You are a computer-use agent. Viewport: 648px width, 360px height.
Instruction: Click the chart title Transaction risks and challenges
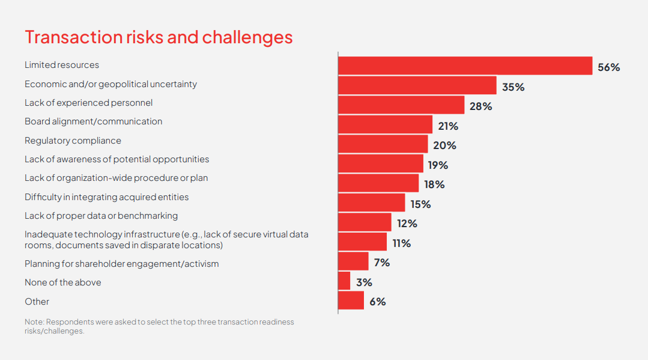coord(159,37)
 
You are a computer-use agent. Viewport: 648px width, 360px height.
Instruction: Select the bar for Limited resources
coord(465,66)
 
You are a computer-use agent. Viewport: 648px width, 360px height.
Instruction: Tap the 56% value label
coord(608,67)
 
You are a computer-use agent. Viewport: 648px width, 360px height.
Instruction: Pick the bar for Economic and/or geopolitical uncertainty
coord(417,85)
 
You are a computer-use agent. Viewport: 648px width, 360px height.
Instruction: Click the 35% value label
coord(513,87)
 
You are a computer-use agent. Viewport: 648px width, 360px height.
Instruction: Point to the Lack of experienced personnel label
coord(88,103)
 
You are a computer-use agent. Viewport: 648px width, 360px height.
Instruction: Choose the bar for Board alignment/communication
coord(385,124)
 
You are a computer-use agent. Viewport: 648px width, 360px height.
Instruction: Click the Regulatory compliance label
coord(73,141)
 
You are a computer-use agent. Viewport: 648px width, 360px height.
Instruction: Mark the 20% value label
coord(444,145)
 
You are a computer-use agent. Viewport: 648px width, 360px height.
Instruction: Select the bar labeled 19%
coord(380,163)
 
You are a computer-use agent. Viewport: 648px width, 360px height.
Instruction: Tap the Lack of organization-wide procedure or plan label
coord(116,178)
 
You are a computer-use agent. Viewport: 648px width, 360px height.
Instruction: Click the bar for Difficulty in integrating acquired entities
coord(371,202)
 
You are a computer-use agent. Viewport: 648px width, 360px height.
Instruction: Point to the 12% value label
coord(407,224)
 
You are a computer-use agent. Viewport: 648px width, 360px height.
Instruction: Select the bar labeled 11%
coord(362,241)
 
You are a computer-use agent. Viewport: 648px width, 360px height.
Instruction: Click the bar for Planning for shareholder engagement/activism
coord(353,261)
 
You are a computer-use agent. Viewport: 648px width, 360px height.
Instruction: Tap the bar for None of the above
coord(344,280)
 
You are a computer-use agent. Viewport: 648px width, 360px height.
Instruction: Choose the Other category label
coord(37,302)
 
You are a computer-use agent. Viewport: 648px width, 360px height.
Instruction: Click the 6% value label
coord(378,302)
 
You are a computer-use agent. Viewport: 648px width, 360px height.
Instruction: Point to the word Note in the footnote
coord(34,322)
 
